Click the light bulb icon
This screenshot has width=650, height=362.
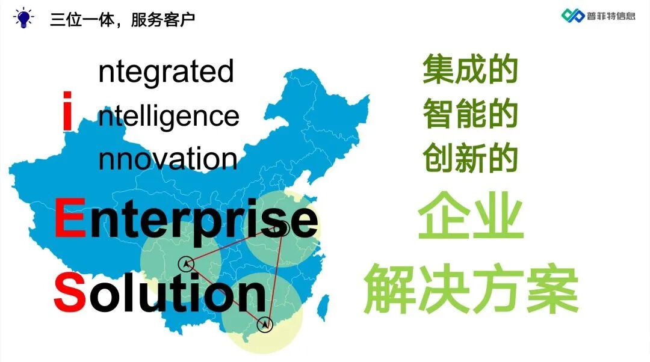[23, 18]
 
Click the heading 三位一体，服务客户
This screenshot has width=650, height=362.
[122, 19]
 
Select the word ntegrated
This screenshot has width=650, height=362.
[166, 72]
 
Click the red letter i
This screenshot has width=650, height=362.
[68, 111]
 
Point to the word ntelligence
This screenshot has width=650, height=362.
[169, 115]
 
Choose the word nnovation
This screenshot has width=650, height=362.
[167, 159]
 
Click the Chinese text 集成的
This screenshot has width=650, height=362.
[470, 70]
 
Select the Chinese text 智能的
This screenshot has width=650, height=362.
[470, 114]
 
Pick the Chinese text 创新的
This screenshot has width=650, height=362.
[470, 158]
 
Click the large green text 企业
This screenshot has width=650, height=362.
[470, 216]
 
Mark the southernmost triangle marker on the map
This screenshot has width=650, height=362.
[264, 325]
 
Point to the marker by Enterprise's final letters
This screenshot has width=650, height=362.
[283, 228]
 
